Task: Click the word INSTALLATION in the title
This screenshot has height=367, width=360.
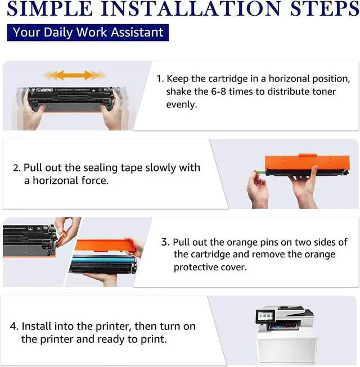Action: click(x=191, y=9)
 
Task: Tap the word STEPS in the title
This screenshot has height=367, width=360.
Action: click(x=325, y=9)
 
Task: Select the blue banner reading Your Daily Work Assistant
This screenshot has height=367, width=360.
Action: click(x=88, y=33)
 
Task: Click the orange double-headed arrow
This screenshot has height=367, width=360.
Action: click(x=75, y=75)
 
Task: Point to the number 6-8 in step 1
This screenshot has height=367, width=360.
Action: click(x=218, y=92)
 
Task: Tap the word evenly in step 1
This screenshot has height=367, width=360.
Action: click(x=182, y=105)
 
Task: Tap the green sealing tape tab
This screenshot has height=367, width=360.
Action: click(x=259, y=173)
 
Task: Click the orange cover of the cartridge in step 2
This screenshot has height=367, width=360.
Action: click(x=307, y=162)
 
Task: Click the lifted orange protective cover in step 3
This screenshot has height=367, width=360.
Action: click(x=105, y=245)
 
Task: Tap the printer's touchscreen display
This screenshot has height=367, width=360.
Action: click(x=265, y=316)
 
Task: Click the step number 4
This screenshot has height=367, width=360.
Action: click(x=14, y=327)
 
